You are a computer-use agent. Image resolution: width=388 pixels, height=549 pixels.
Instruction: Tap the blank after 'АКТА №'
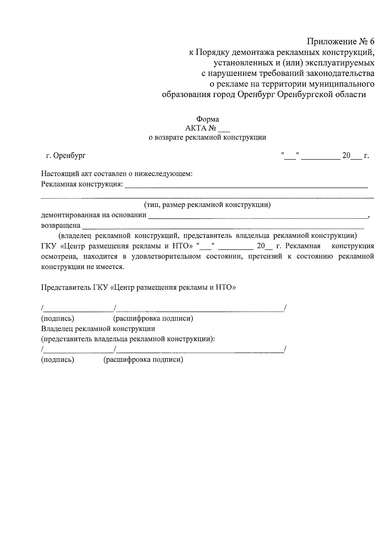pos(224,129)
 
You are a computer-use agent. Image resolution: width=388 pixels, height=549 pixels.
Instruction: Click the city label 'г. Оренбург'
pos(66,156)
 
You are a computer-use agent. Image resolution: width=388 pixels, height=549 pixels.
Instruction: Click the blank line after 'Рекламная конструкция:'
pos(246,185)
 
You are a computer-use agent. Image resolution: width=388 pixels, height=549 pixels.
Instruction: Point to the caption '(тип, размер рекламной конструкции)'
pos(207,205)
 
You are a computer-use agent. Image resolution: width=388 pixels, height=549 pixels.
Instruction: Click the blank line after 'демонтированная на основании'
pos(257,216)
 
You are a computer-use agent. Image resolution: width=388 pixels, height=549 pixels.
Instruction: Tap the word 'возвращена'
pos(60,225)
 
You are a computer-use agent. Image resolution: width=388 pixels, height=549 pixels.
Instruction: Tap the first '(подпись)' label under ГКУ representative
pos(58,319)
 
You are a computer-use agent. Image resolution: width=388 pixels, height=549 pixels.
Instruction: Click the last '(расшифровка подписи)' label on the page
pos(143,360)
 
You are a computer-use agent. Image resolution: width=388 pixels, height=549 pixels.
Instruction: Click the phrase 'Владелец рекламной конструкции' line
pos(98,329)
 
